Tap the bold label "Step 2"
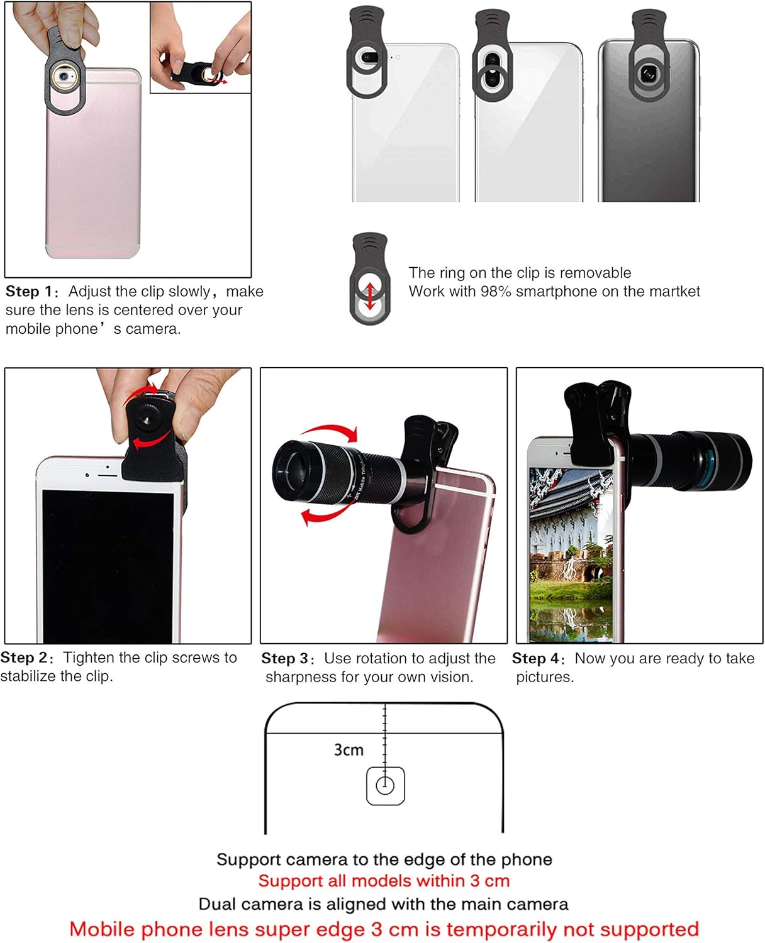coord(24,658)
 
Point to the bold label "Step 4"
coord(535,658)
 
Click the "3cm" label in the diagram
coord(349,749)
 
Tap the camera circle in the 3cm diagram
coord(385,785)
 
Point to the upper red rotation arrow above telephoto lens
coord(330,433)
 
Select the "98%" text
coord(496,292)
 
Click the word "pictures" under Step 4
coord(544,677)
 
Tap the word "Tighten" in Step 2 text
coord(89,658)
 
